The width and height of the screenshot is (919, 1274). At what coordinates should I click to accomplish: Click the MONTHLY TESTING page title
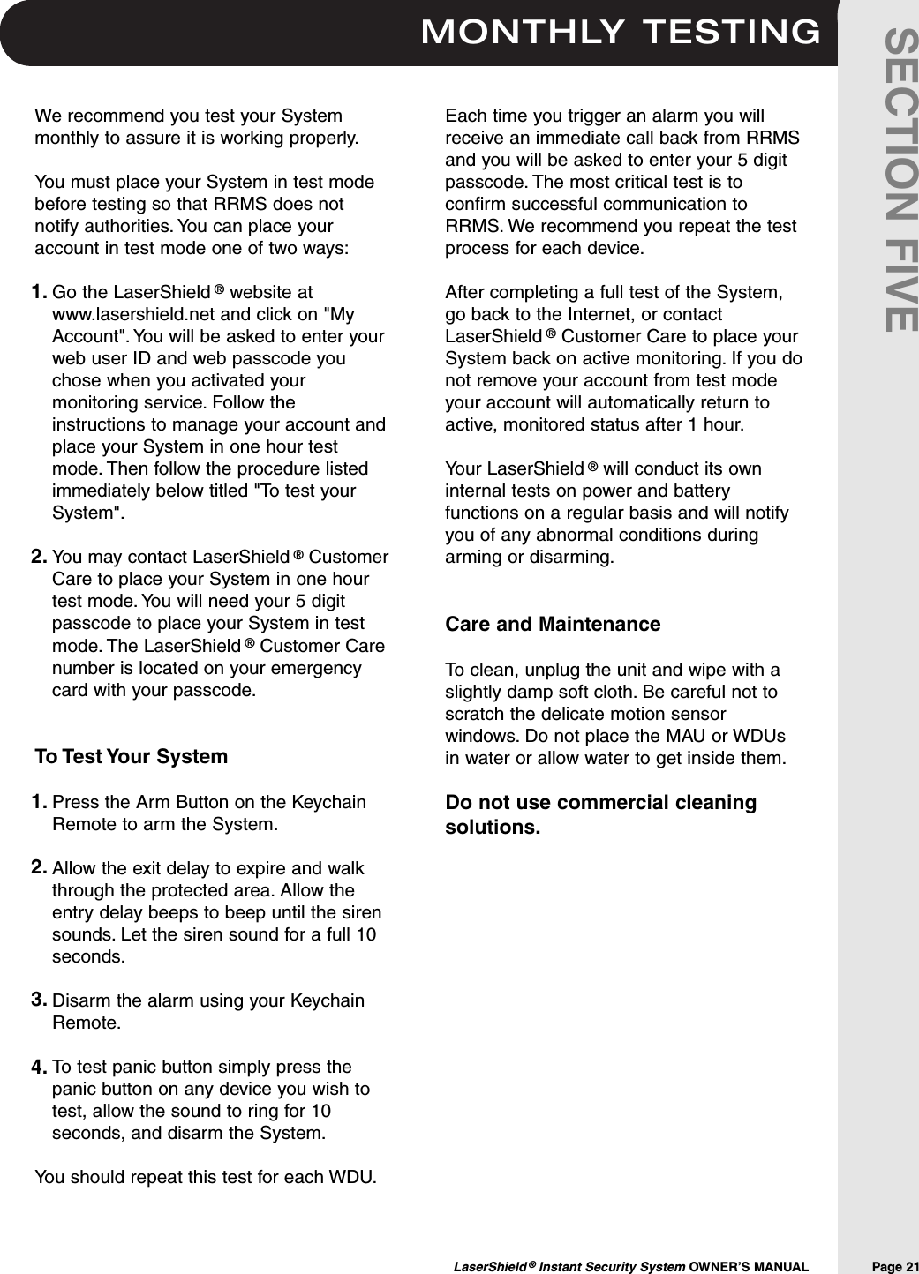(x=621, y=32)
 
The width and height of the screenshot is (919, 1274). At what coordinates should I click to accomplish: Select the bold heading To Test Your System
(x=131, y=757)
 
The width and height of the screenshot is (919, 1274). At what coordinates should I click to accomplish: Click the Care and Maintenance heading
(x=553, y=625)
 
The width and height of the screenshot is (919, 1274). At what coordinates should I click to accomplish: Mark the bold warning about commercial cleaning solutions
(x=600, y=816)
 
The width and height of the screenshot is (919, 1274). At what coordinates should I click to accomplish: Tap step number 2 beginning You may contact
(x=40, y=557)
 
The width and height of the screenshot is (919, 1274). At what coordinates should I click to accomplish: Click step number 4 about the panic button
(x=40, y=1068)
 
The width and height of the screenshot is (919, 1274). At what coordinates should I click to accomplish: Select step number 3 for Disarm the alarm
(x=40, y=1000)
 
